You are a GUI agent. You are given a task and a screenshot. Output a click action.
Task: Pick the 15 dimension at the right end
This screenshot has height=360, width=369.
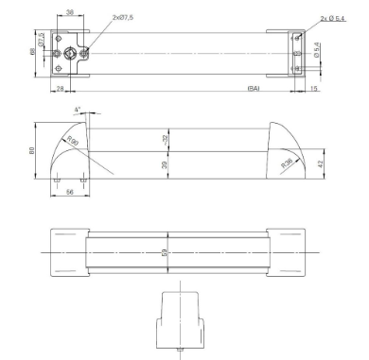click(x=312, y=88)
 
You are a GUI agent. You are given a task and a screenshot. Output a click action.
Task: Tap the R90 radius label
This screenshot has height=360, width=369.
click(x=72, y=142)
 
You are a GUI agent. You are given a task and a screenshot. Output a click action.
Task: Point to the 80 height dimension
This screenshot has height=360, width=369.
click(x=32, y=151)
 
